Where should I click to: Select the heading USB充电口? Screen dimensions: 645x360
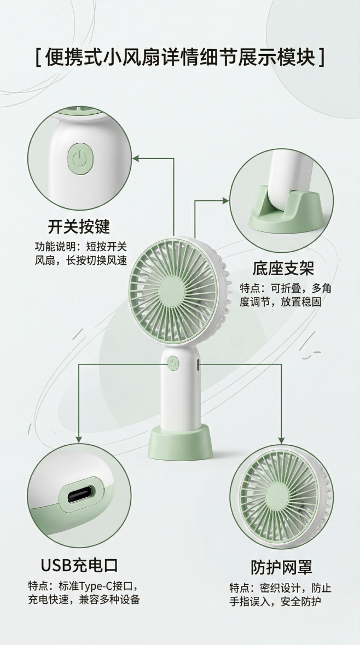coord(79,565)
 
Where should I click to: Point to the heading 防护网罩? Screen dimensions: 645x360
coord(281,567)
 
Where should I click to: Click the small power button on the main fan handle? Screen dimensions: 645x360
coord(173,363)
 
